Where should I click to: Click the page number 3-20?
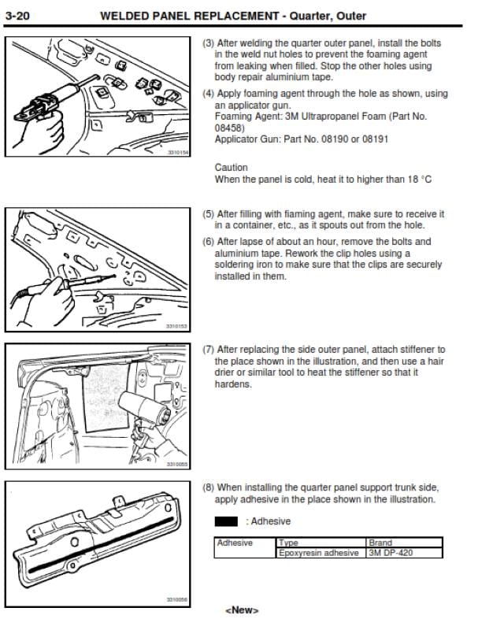tap(17, 16)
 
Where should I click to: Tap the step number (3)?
tap(208, 43)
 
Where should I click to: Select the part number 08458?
tap(228, 128)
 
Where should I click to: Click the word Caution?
tap(231, 168)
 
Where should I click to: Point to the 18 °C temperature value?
tap(420, 180)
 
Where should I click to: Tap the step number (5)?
tap(208, 213)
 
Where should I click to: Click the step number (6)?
tap(208, 242)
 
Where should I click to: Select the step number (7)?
tap(208, 350)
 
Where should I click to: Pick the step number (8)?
tap(208, 487)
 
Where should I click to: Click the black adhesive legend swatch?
tap(226, 521)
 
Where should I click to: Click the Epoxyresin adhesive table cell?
tap(319, 553)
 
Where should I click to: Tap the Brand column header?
tap(380, 543)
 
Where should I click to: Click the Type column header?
tap(288, 543)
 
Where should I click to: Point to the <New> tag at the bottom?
tap(242, 610)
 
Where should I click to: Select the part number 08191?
tap(376, 139)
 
